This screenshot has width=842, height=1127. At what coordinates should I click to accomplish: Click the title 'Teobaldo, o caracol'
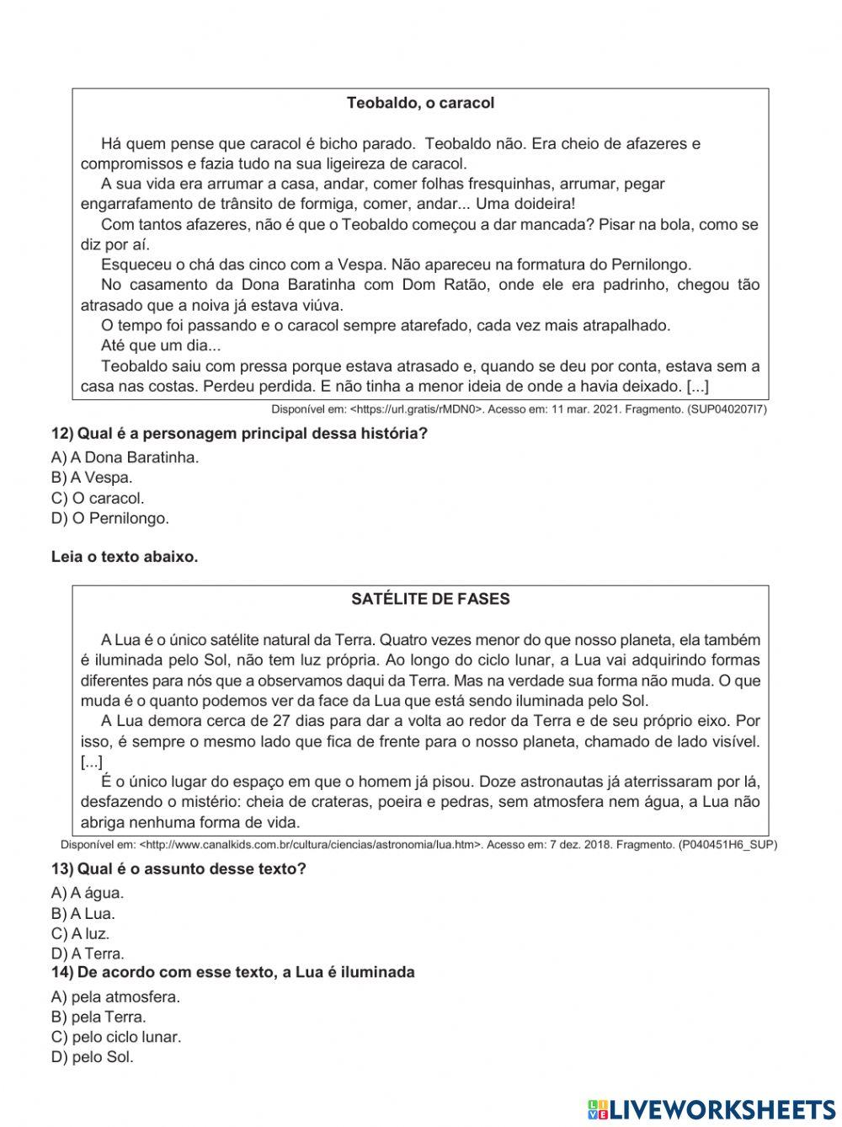click(420, 104)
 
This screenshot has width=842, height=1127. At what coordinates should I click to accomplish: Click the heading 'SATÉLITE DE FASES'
click(429, 600)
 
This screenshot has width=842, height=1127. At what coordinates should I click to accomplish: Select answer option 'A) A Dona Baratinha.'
click(125, 457)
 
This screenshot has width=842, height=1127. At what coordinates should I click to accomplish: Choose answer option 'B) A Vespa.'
click(92, 478)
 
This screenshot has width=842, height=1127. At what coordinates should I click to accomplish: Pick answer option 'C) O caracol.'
click(98, 498)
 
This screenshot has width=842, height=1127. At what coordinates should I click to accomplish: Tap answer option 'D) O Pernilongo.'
click(109, 518)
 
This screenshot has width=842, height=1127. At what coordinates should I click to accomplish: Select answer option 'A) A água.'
click(87, 893)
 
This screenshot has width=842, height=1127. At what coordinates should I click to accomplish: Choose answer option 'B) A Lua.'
click(83, 913)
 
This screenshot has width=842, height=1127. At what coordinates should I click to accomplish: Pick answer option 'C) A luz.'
click(80, 933)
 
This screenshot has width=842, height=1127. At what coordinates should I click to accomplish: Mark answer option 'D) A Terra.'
click(88, 953)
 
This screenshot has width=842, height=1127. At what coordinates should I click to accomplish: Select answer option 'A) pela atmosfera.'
click(115, 997)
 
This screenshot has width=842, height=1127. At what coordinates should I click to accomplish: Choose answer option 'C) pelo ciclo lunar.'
click(116, 1037)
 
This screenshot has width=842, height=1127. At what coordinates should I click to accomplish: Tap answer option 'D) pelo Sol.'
click(93, 1057)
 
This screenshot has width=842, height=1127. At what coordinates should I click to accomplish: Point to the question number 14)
click(62, 972)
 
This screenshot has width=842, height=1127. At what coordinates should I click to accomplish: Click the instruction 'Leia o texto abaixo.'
click(125, 557)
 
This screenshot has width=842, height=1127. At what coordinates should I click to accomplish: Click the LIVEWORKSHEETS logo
click(711, 1108)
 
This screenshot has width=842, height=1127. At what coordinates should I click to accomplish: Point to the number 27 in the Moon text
click(283, 721)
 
